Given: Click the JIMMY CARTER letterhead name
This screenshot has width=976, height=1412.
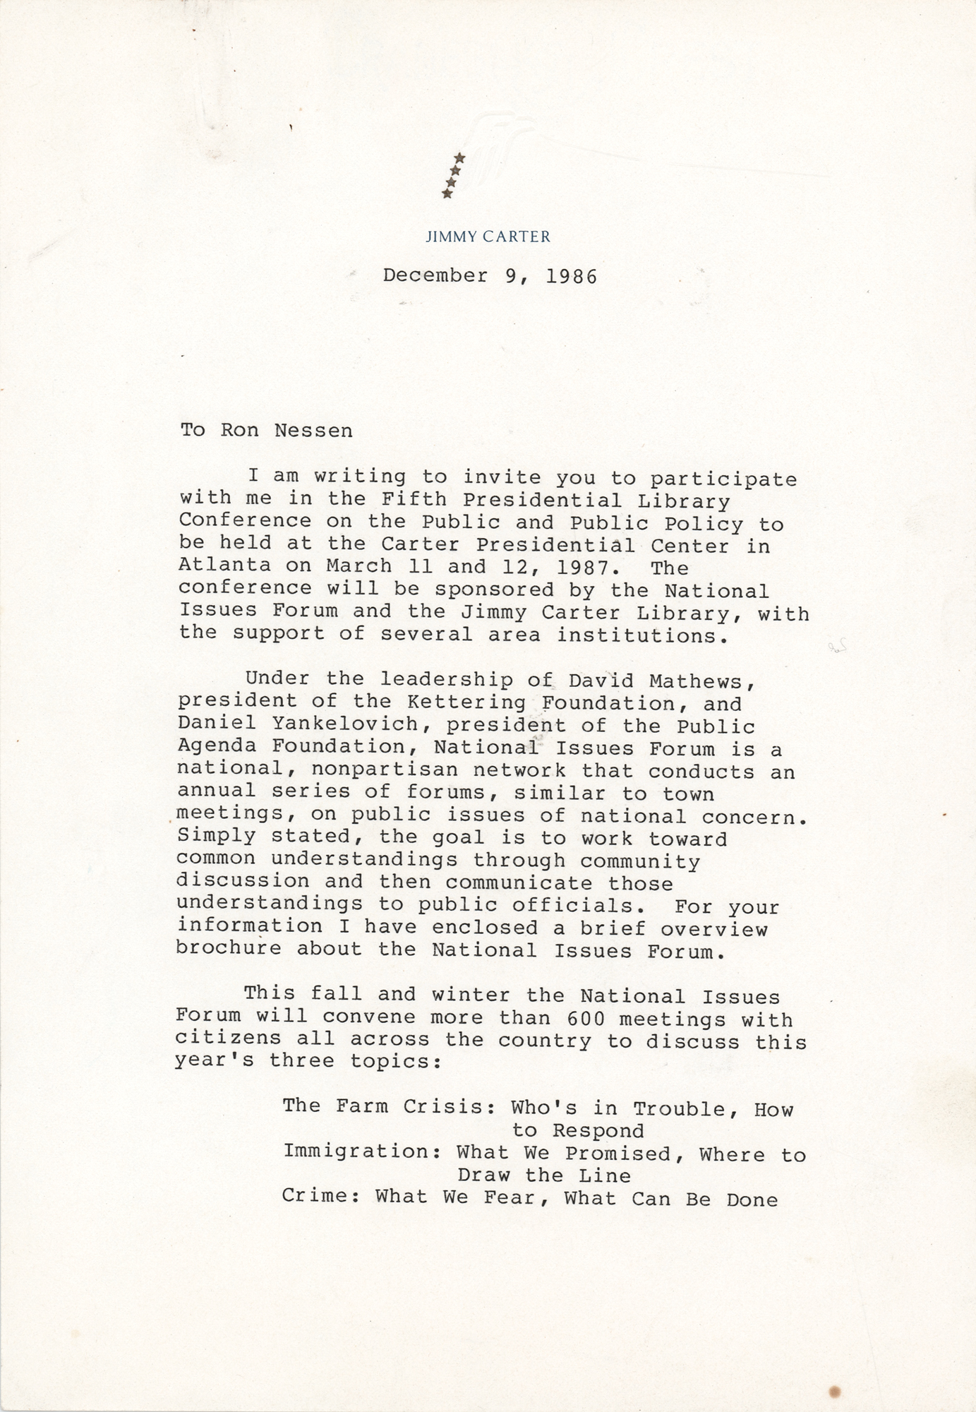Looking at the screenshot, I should [488, 237].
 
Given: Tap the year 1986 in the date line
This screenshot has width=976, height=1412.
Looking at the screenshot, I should [571, 276].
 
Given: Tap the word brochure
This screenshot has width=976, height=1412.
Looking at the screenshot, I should [229, 948].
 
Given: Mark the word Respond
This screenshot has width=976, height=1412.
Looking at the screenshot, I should [598, 1131].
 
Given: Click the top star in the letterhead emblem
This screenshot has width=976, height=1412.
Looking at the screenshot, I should [459, 157].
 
